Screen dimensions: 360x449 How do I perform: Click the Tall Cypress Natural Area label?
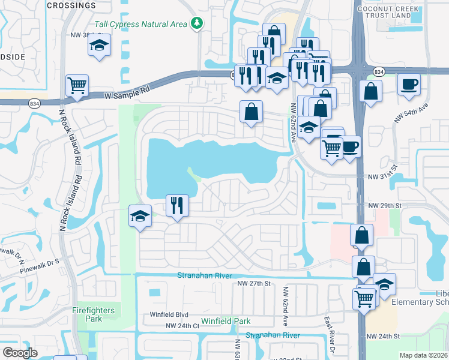148,23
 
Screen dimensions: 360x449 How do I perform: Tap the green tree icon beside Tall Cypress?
196,23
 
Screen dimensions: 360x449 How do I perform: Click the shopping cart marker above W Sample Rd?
77,86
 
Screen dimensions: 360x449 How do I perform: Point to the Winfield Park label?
225,321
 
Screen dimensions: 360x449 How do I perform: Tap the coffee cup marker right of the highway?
409,85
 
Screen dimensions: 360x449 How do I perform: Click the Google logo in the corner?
20,353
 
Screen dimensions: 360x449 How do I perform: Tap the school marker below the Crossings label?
100,46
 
